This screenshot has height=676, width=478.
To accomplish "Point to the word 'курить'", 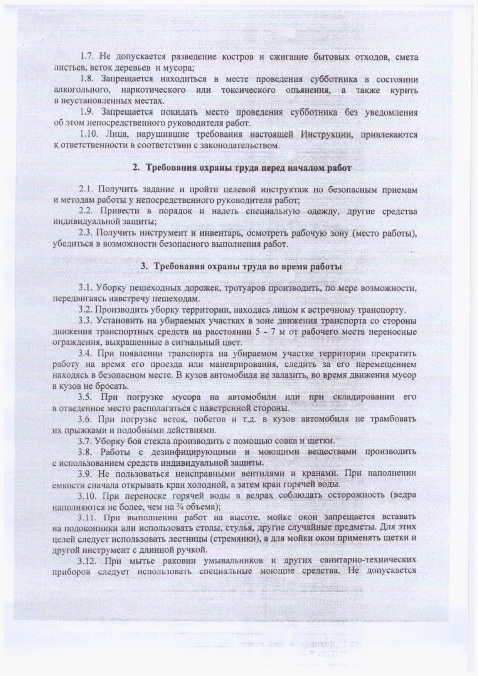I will click(x=403, y=91).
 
